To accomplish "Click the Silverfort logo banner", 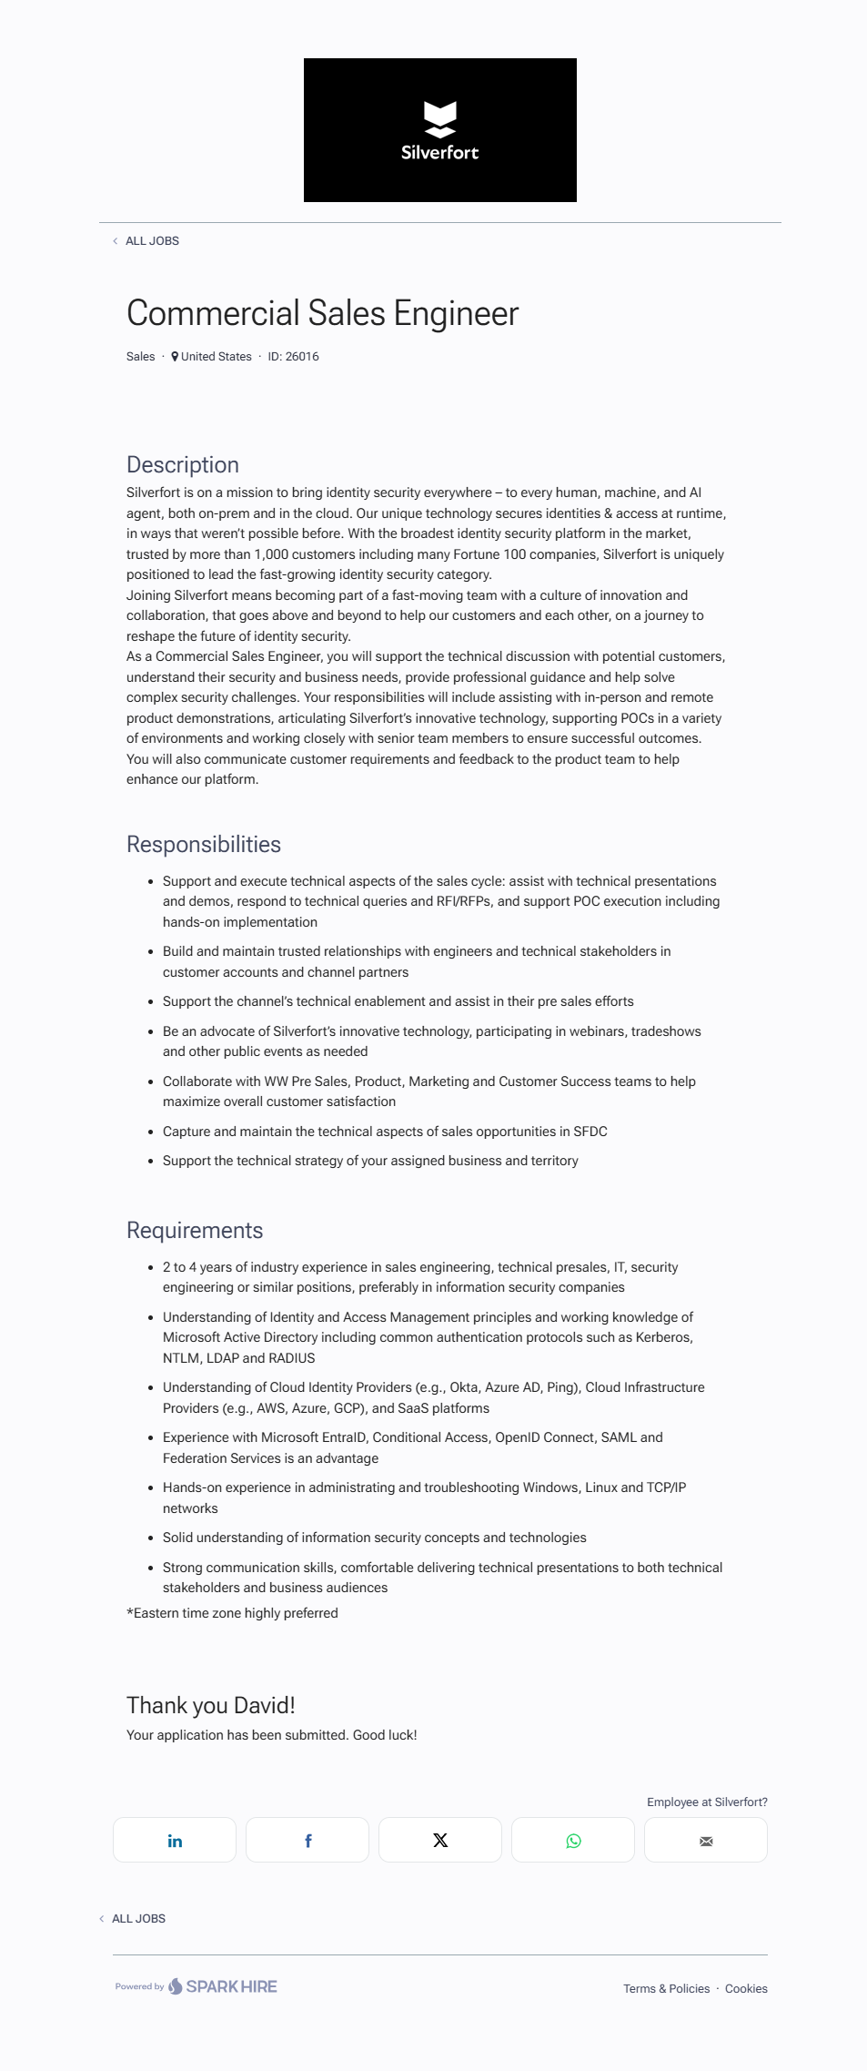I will pos(439,130).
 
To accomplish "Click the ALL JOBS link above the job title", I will pos(152,241).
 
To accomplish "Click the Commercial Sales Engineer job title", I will pos(322,313).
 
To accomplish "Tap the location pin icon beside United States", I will pos(175,357).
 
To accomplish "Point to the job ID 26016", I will pos(293,357).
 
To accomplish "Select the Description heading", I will pos(182,465).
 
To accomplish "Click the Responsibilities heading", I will pos(203,845).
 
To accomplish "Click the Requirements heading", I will pos(194,1231).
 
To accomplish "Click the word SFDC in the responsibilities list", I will pos(590,1132).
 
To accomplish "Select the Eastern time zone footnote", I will pos(232,1613).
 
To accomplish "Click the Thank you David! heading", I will pos(210,1705).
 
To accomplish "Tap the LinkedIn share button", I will pos(175,1841).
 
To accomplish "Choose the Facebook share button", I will pos(307,1841).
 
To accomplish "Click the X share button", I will pos(440,1841).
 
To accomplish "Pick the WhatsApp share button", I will pos(573,1841).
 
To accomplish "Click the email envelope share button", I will pos(706,1841).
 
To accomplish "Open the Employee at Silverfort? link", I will pos(707,1802).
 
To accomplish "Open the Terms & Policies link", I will pos(666,1989).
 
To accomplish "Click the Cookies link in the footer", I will pos(746,1989).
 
